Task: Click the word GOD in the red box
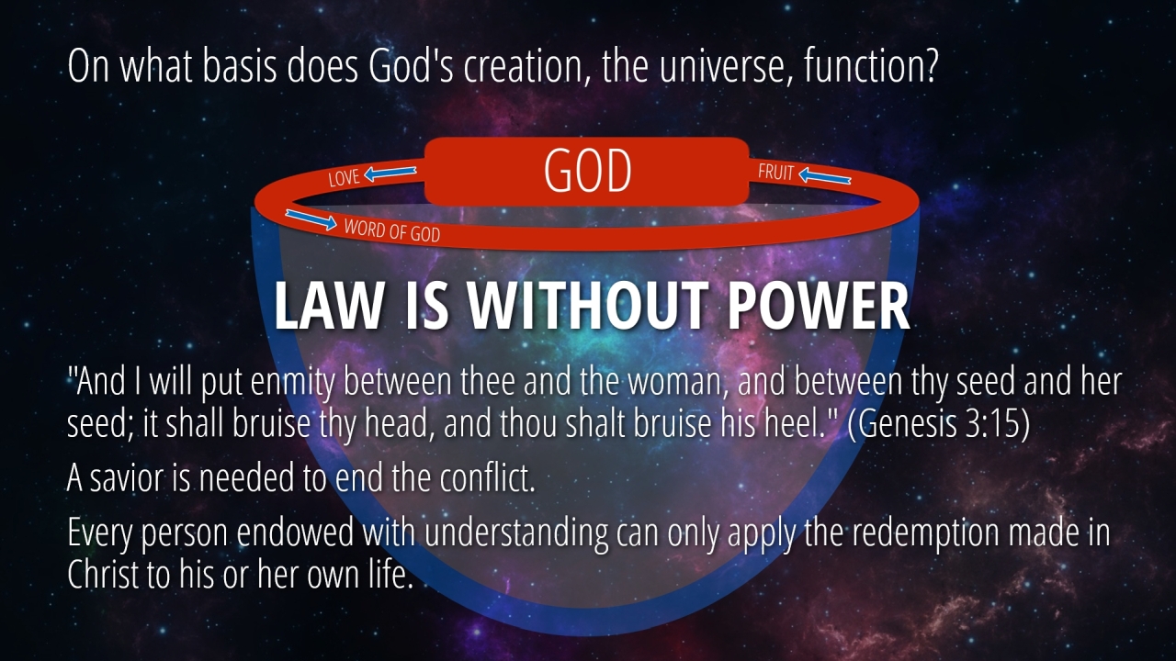click(x=587, y=171)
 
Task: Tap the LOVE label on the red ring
click(x=344, y=178)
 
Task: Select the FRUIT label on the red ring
click(x=776, y=172)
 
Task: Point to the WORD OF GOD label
click(x=392, y=230)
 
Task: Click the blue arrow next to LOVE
click(x=390, y=173)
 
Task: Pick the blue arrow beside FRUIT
click(x=825, y=176)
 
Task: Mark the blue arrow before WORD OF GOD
click(x=311, y=219)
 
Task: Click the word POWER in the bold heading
click(x=818, y=306)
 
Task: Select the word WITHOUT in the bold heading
click(x=586, y=307)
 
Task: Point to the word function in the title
click(x=863, y=67)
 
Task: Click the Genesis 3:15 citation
click(x=939, y=424)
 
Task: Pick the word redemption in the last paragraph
click(x=925, y=532)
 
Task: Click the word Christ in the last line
click(x=102, y=575)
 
